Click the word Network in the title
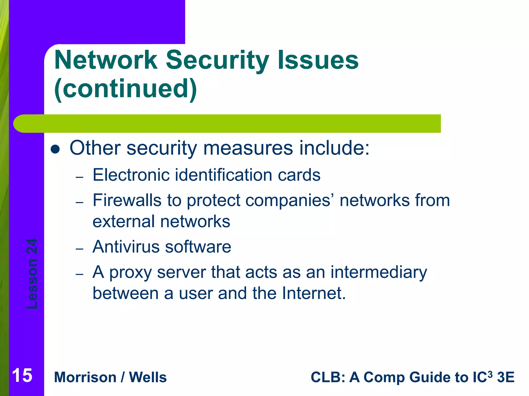[106, 60]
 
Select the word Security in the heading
[217, 60]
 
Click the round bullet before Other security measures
[55, 149]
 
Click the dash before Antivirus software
[80, 249]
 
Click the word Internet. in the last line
[314, 293]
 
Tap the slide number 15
[22, 376]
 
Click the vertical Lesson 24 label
[32, 274]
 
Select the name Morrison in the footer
[85, 377]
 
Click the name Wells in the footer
[148, 377]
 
